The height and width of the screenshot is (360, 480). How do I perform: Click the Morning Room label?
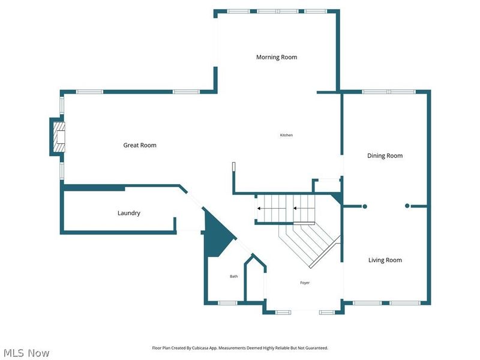[x=277, y=58]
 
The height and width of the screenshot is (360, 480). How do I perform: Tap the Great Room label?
[x=140, y=145]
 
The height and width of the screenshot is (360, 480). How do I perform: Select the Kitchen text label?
[x=286, y=135]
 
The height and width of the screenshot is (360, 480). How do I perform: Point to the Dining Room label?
[x=385, y=156]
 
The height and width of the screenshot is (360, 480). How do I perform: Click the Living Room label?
[x=385, y=260]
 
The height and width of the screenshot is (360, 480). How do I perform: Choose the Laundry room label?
[x=128, y=213]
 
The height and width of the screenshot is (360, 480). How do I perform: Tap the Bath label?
[x=234, y=277]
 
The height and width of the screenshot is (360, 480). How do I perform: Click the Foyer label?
[x=305, y=283]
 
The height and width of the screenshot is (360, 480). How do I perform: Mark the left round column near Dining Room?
[x=364, y=206]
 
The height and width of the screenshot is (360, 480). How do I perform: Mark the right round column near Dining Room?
[x=407, y=206]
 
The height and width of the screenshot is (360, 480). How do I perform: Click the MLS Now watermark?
[x=26, y=353]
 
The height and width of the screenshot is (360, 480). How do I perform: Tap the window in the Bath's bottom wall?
[x=227, y=303]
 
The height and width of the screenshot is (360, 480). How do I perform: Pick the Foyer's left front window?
[x=283, y=312]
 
